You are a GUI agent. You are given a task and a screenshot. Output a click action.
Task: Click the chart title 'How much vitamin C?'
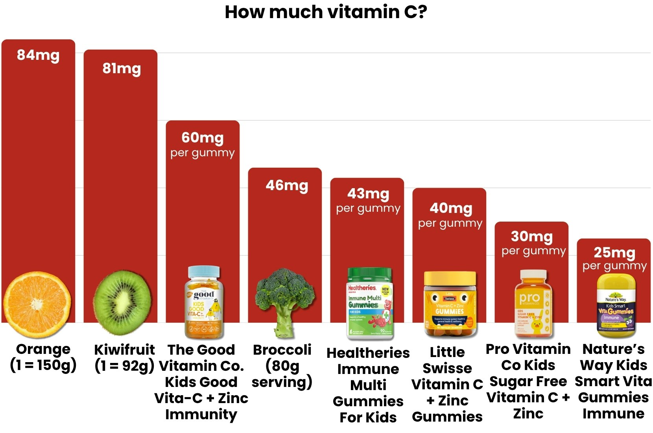click(x=326, y=12)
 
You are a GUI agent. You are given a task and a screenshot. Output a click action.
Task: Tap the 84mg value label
click(x=38, y=55)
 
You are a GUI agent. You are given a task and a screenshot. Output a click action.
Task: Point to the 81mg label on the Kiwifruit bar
click(x=122, y=68)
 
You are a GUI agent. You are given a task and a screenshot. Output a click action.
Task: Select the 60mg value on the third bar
click(x=202, y=138)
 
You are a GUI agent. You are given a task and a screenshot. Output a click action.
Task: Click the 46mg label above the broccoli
click(x=287, y=185)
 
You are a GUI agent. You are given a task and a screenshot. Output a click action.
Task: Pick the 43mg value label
click(x=368, y=194)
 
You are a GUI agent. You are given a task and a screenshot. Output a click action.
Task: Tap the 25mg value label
click(x=614, y=252)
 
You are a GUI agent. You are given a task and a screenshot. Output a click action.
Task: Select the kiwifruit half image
click(x=122, y=302)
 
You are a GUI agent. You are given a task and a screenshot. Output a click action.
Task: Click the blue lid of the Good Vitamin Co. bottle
click(x=204, y=272)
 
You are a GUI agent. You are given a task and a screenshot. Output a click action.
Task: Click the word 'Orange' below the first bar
click(x=43, y=349)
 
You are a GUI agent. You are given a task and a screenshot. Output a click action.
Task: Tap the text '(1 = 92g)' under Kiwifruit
click(x=124, y=366)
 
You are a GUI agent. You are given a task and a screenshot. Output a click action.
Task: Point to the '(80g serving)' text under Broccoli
click(x=282, y=374)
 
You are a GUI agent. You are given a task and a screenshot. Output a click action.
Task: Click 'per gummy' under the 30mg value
click(x=533, y=251)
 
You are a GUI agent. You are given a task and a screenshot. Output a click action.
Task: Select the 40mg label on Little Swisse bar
click(x=451, y=208)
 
